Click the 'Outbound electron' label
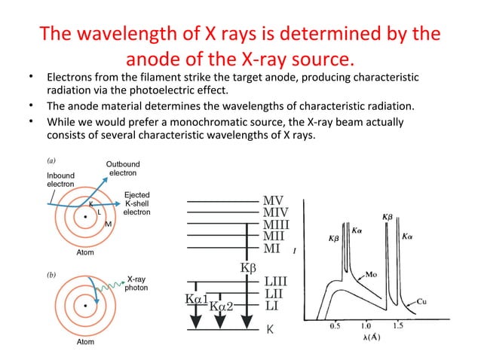121,169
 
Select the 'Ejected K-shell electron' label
136,203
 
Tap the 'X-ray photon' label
136,282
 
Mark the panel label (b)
45,276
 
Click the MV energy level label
272,202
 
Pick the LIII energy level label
275,281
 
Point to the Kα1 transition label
194,299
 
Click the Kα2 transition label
221,306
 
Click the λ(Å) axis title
368,337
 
